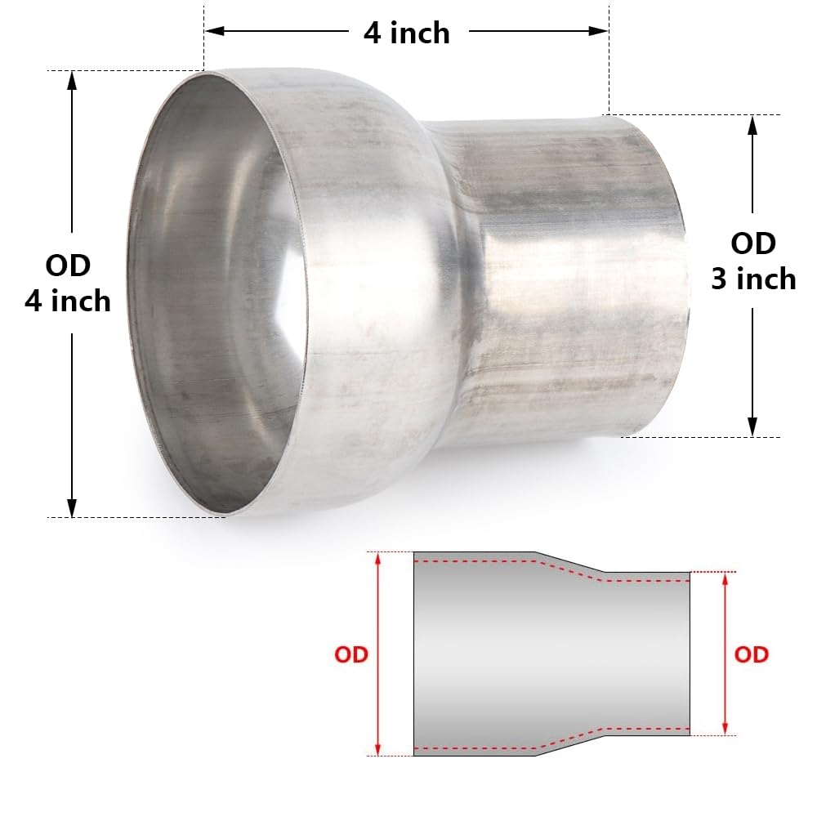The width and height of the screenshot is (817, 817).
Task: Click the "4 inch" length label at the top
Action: click(x=406, y=33)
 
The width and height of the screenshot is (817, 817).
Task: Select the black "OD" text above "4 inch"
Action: click(x=68, y=266)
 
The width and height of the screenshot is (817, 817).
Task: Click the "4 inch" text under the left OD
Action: click(x=68, y=301)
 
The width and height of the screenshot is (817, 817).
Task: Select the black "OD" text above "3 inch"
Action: click(x=752, y=243)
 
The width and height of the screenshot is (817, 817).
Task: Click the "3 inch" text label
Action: click(x=752, y=279)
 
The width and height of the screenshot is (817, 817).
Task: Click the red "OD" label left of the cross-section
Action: click(x=351, y=654)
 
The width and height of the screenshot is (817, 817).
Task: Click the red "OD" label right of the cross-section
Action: click(x=751, y=654)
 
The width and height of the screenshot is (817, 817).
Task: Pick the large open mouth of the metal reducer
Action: click(x=217, y=294)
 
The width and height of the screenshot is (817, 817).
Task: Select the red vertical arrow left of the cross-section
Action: click(x=377, y=654)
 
